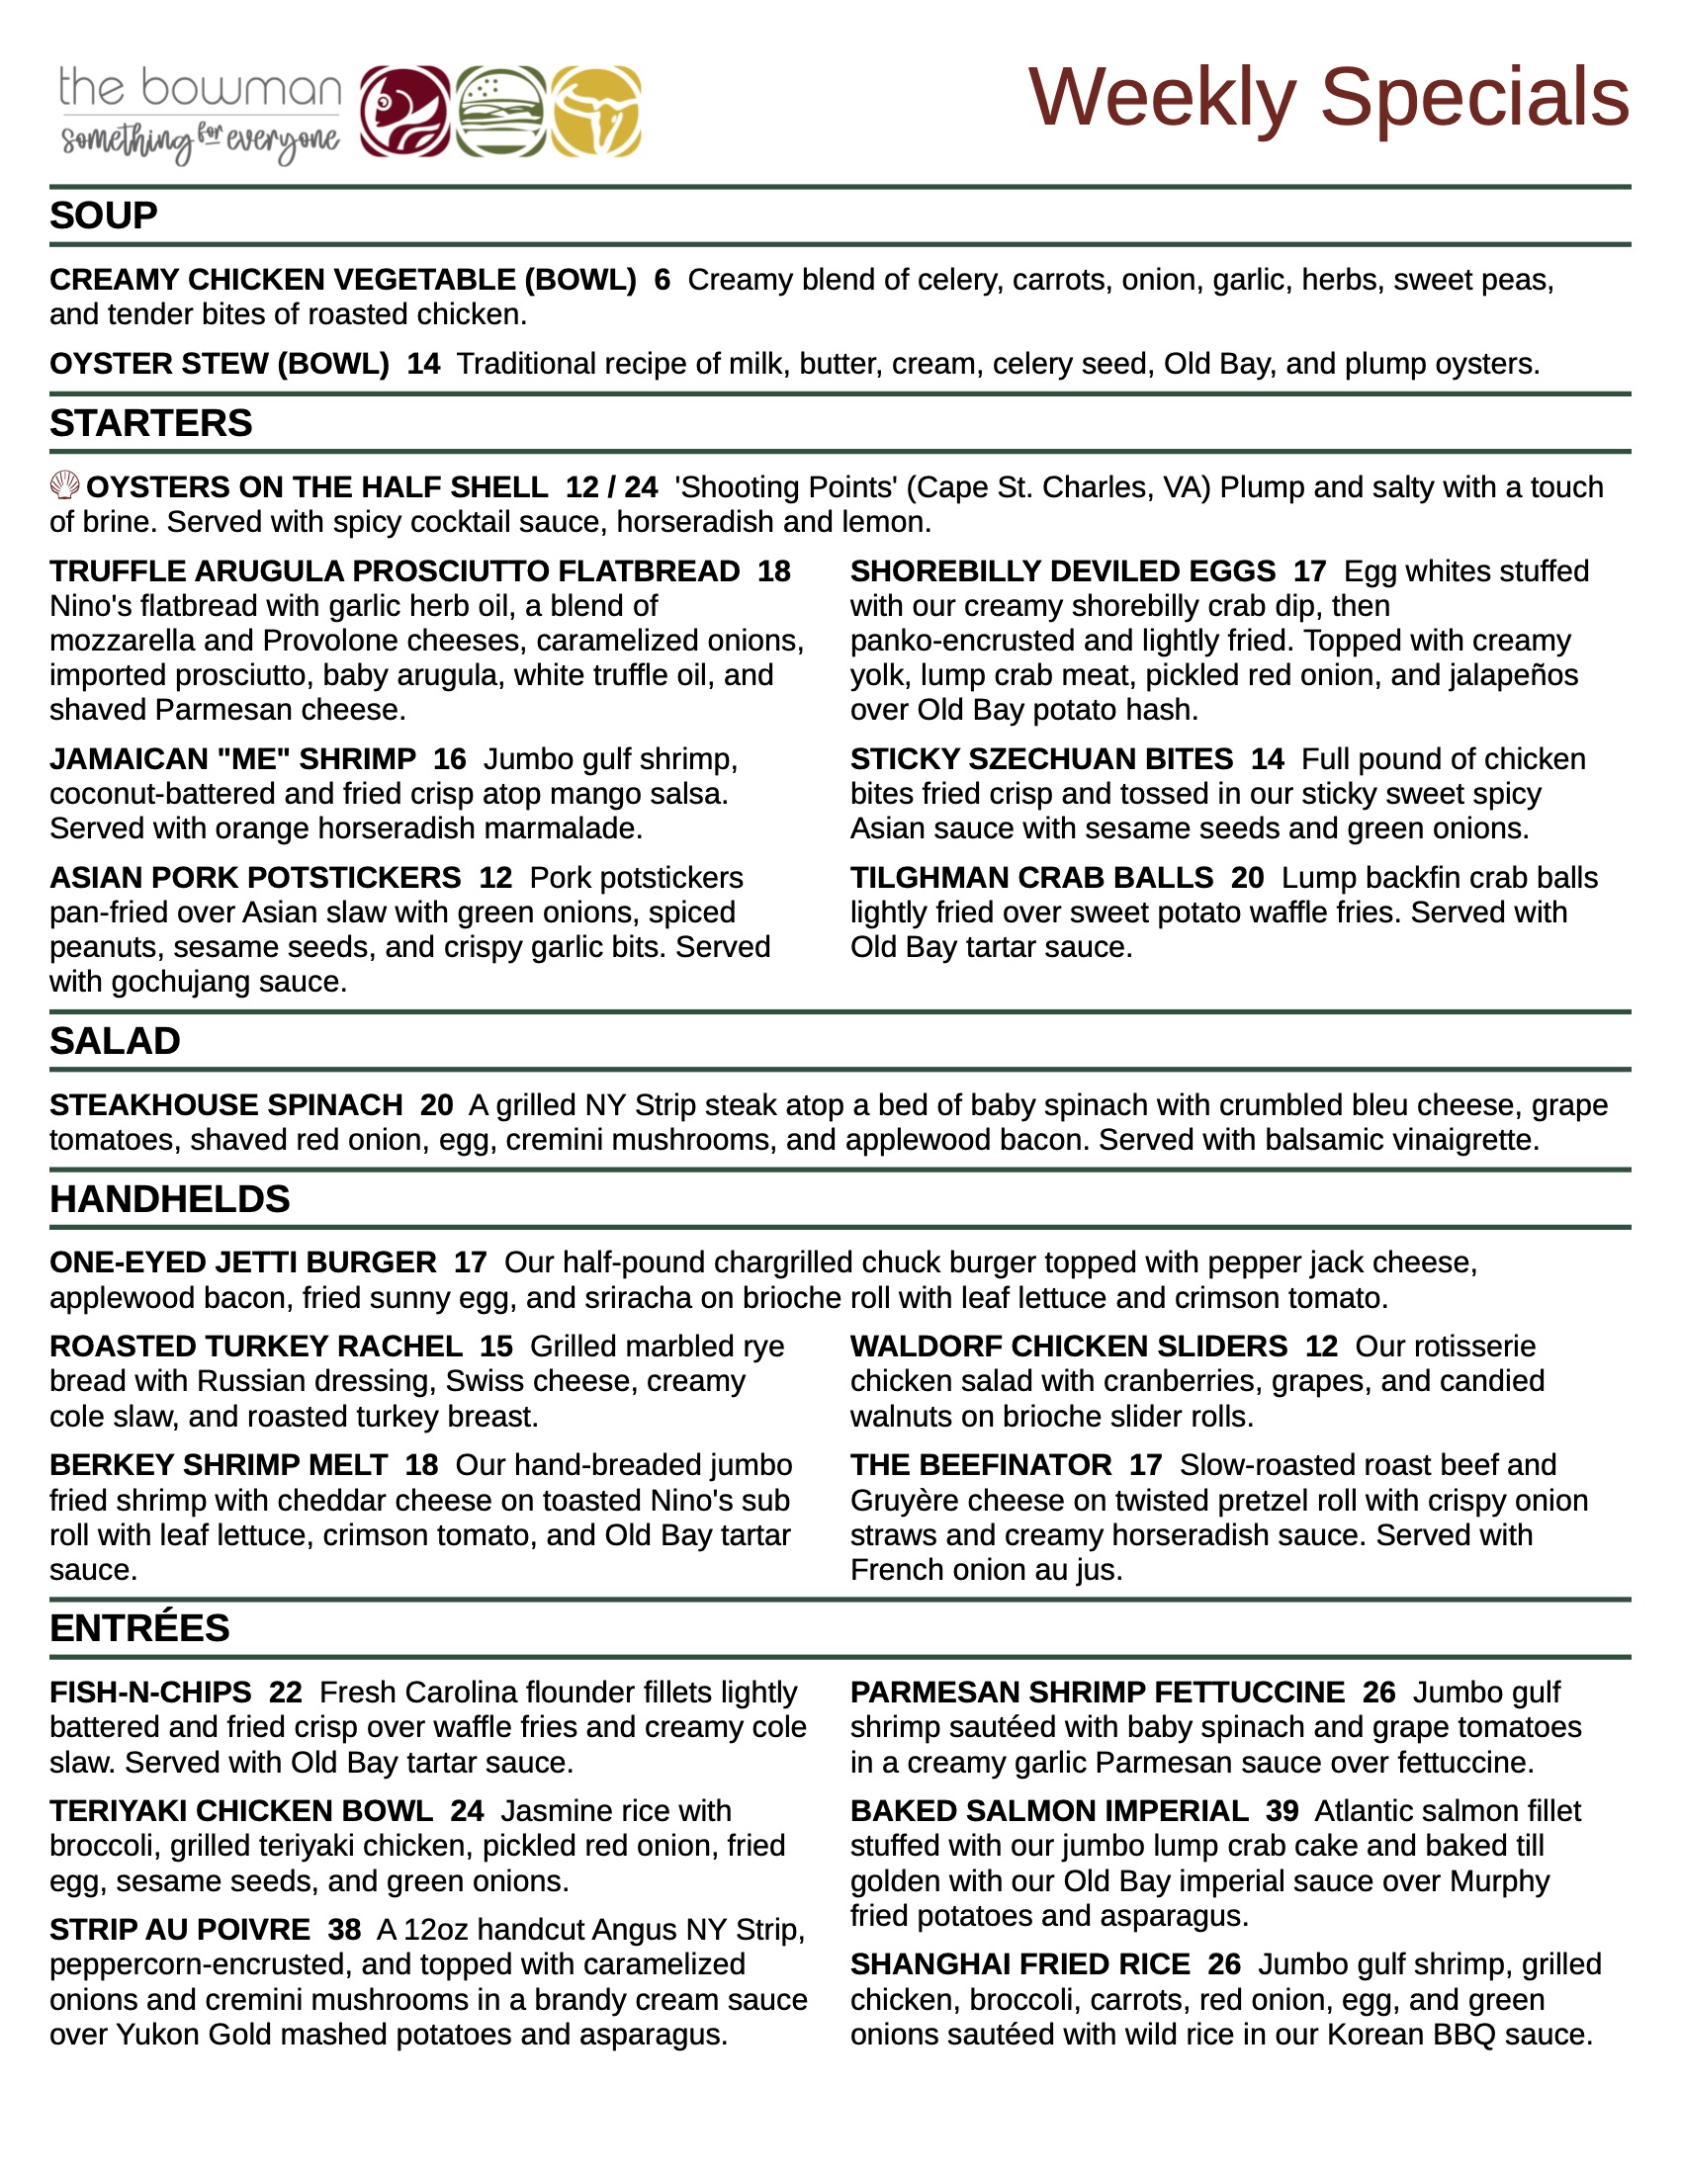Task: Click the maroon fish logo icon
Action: [404, 112]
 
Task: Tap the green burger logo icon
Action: [501, 112]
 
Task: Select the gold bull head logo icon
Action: [595, 112]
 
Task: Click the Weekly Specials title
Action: [1328, 98]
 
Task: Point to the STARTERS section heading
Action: [151, 423]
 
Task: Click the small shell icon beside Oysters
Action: [64, 486]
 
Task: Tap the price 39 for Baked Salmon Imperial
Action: [1282, 1810]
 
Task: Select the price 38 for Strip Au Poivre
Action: [343, 1929]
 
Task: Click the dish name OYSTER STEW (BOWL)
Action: [220, 364]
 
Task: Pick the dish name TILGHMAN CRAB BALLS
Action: [1031, 877]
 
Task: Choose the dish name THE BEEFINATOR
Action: [981, 1465]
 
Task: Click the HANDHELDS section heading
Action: [170, 1199]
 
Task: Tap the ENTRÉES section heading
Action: [139, 1627]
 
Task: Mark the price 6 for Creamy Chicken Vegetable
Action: [663, 280]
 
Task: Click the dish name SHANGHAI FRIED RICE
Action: [1019, 1963]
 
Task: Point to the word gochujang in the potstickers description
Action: [180, 982]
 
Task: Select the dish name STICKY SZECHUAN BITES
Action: [1041, 759]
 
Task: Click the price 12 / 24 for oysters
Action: [611, 487]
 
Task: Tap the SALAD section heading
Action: [116, 1041]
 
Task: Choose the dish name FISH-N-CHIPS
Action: [150, 1692]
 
